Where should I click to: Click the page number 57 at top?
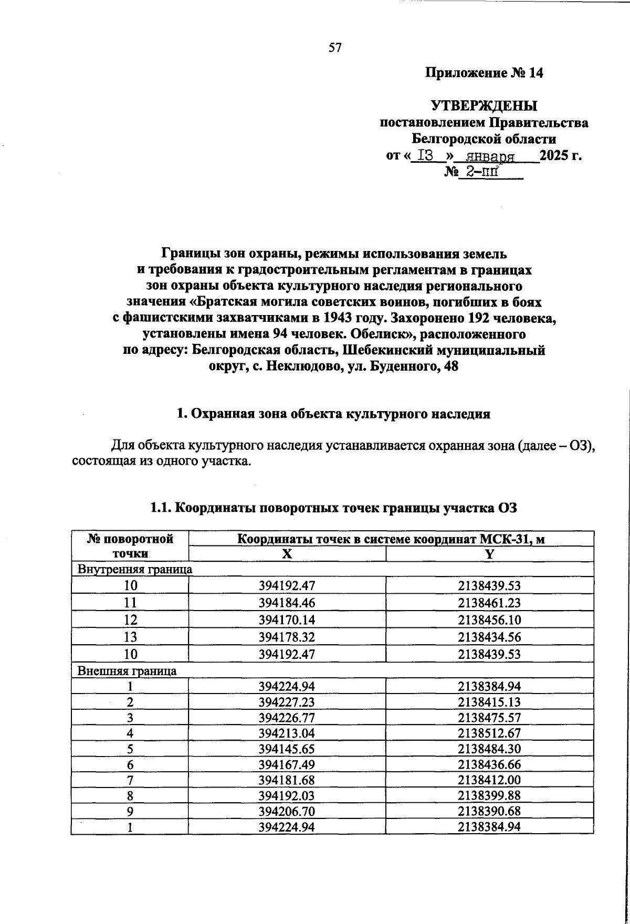(335, 48)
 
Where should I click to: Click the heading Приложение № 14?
(484, 73)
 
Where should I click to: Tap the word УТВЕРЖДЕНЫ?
(484, 107)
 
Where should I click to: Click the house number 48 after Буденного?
(451, 366)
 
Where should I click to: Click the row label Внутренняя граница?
(135, 569)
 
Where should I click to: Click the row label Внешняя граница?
(127, 671)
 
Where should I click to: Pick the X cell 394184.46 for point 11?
(287, 603)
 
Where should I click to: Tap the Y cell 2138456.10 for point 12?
(489, 620)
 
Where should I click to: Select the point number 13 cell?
(130, 637)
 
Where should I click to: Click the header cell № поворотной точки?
(130, 546)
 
